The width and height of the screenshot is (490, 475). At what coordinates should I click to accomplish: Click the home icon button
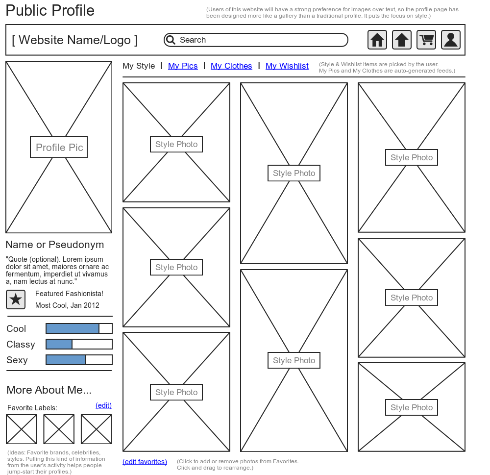pyautogui.click(x=377, y=40)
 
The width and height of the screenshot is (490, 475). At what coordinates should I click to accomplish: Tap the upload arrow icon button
pyautogui.click(x=402, y=40)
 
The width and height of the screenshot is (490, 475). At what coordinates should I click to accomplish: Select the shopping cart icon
pyautogui.click(x=426, y=40)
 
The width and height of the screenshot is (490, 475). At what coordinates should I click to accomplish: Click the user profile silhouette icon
pyautogui.click(x=451, y=40)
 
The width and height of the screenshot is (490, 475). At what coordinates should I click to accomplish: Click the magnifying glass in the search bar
pyautogui.click(x=171, y=40)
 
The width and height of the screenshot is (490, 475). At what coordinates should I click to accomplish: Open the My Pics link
pyautogui.click(x=183, y=66)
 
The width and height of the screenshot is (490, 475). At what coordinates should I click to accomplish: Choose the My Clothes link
pyautogui.click(x=231, y=66)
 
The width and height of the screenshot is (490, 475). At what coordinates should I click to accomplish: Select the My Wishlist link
pyautogui.click(x=287, y=66)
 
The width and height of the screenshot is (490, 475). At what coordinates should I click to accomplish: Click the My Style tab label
pyautogui.click(x=139, y=66)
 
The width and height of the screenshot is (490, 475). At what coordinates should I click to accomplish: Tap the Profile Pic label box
pyautogui.click(x=59, y=147)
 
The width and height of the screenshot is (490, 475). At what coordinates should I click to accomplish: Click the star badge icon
pyautogui.click(x=16, y=299)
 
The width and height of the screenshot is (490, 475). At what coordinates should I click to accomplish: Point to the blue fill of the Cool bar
pyautogui.click(x=73, y=328)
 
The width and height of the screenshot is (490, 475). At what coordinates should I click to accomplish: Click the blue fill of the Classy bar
pyautogui.click(x=59, y=344)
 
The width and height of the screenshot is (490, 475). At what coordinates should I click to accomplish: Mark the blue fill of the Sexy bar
pyautogui.click(x=66, y=360)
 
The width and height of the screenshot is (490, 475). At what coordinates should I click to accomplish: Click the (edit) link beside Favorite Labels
pyautogui.click(x=103, y=405)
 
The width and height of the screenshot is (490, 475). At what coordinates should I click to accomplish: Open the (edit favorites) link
pyautogui.click(x=145, y=462)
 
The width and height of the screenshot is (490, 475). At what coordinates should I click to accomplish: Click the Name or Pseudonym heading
pyautogui.click(x=55, y=245)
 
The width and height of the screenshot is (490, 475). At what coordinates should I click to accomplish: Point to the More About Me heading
pyautogui.click(x=49, y=390)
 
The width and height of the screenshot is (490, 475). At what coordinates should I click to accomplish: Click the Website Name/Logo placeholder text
pyautogui.click(x=74, y=40)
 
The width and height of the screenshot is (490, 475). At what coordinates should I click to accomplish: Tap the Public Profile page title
pyautogui.click(x=50, y=10)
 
